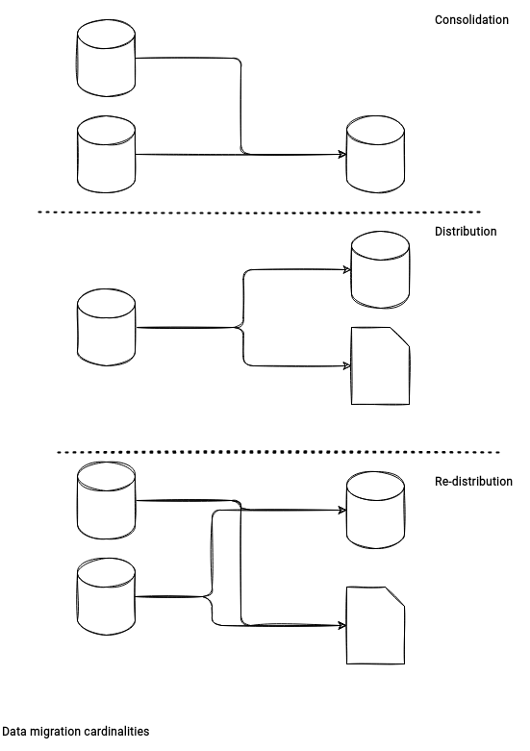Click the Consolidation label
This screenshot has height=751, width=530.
[471, 19]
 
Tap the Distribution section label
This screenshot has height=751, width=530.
[466, 232]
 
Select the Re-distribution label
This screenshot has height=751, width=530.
[473, 482]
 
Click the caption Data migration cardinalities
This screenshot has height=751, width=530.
[76, 732]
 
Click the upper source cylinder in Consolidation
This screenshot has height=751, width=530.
[106, 58]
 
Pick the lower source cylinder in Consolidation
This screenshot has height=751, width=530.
[106, 154]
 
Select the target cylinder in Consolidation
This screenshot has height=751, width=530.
[375, 154]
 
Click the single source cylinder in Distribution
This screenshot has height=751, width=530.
[106, 328]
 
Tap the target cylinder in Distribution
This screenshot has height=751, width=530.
[380, 269]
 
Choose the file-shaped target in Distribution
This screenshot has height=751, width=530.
[380, 366]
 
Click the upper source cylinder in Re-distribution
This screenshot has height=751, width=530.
[106, 501]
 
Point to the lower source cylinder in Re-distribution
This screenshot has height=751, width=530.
[106, 597]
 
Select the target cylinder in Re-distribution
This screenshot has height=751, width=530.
[375, 510]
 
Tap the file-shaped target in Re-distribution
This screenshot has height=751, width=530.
[375, 626]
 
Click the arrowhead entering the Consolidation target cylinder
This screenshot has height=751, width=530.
[342, 154]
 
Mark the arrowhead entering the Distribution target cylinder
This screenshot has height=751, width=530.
[347, 269]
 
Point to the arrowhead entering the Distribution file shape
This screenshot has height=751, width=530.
[347, 366]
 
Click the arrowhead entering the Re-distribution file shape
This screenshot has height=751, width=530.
[342, 626]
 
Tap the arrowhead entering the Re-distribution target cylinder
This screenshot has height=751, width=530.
[342, 510]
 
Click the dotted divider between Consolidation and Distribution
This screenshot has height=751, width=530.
[260, 212]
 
